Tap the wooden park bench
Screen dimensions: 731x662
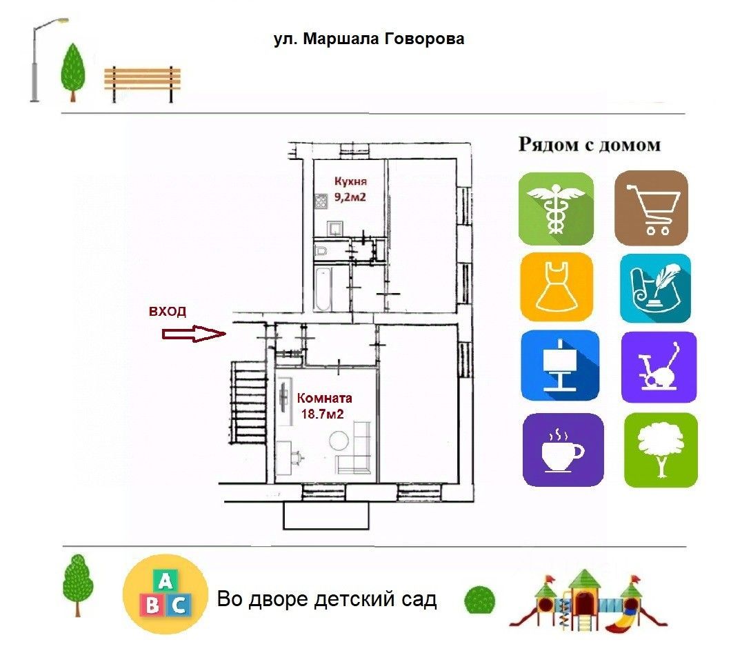pyautogui.click(x=142, y=84)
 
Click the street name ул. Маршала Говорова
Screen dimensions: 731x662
pyautogui.click(x=369, y=39)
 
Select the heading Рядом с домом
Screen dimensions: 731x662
pyautogui.click(x=589, y=145)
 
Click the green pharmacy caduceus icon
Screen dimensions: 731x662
pyautogui.click(x=556, y=208)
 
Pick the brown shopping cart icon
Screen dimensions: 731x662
pyautogui.click(x=651, y=208)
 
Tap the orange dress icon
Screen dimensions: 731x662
pyautogui.click(x=557, y=287)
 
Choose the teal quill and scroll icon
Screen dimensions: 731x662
pyautogui.click(x=655, y=288)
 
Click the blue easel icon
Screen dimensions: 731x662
pyautogui.click(x=560, y=365)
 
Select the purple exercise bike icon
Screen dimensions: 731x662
pyautogui.click(x=659, y=367)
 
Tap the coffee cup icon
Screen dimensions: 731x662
pyautogui.click(x=563, y=450)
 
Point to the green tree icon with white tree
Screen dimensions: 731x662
pyautogui.click(x=661, y=450)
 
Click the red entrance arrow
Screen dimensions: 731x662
pyautogui.click(x=194, y=333)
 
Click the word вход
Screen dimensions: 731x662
pyautogui.click(x=168, y=311)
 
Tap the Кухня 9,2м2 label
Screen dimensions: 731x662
pyautogui.click(x=350, y=189)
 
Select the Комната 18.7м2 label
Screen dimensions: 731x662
pyautogui.click(x=324, y=405)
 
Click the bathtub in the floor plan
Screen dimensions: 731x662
pyautogui.click(x=323, y=289)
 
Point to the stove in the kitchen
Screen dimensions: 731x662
pyautogui.click(x=321, y=201)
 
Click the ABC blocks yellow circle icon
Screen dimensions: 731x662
pyautogui.click(x=165, y=594)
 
